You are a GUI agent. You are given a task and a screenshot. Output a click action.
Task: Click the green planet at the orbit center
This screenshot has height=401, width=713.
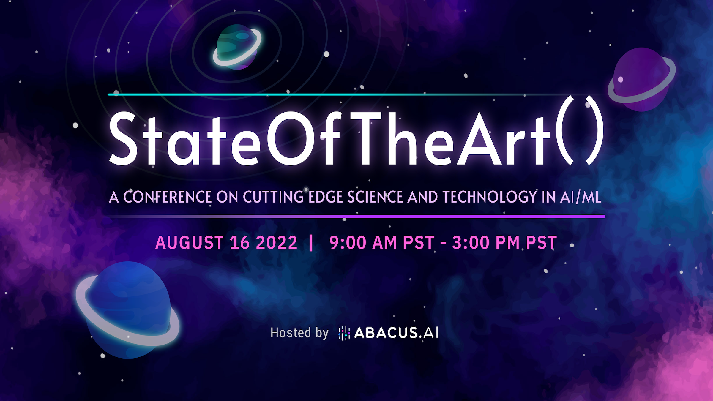(237, 47)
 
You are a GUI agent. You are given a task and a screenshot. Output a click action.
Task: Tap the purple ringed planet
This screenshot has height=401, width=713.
(642, 79)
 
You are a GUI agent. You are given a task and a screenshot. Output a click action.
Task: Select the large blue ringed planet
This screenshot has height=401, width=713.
(128, 310)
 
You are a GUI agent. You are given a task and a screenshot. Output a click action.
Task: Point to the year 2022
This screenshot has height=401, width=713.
(277, 242)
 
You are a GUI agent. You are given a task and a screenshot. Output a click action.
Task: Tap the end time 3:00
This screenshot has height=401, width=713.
(471, 242)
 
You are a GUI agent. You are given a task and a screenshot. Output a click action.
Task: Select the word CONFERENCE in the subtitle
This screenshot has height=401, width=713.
(167, 197)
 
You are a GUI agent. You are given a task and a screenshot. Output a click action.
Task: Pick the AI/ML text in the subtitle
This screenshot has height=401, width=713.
(581, 197)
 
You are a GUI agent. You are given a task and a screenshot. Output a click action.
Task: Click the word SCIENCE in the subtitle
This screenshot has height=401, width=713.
(375, 197)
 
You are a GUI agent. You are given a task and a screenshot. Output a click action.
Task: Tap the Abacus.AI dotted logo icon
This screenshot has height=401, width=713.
(344, 333)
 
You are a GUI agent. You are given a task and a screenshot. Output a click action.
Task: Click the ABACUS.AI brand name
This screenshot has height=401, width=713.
(396, 333)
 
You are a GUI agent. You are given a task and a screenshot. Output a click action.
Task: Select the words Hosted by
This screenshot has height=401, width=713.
(299, 333)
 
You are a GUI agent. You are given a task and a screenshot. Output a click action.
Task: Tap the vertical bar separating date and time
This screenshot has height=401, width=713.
(311, 243)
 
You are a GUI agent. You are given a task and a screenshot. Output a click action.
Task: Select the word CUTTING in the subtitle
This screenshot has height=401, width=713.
(273, 197)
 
